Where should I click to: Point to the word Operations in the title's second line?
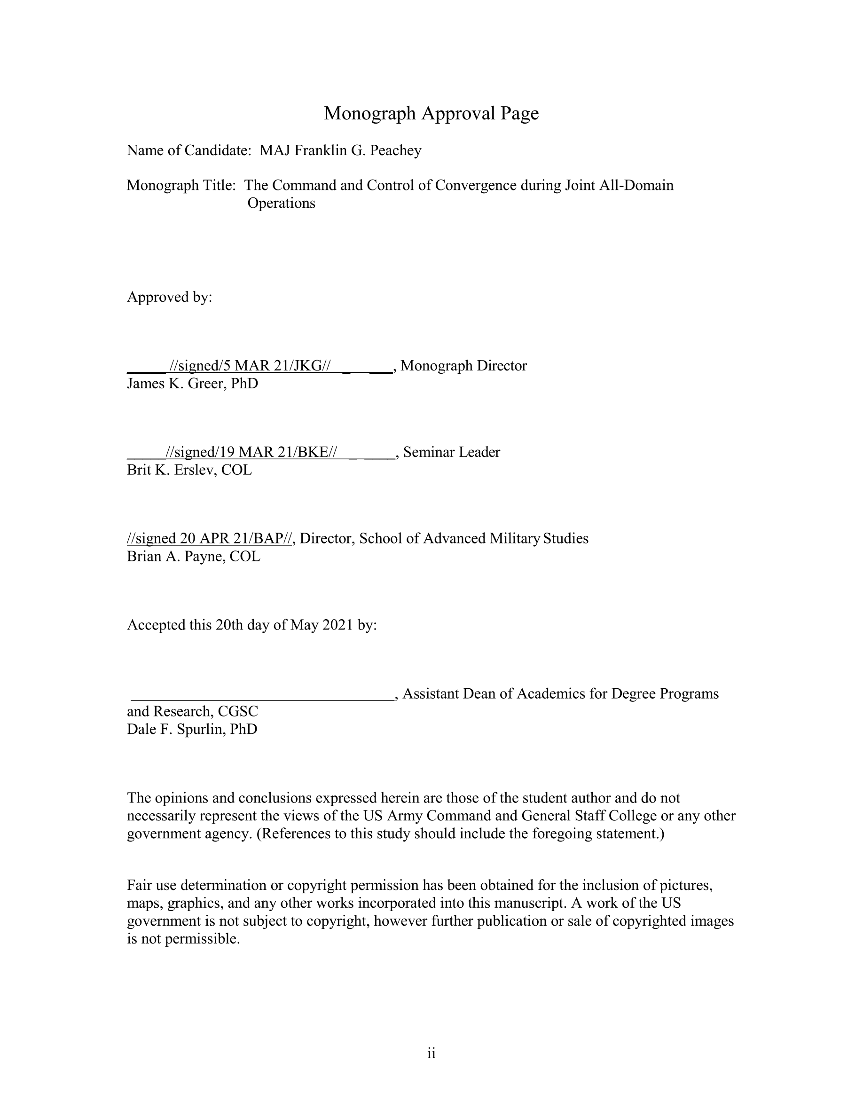(x=281, y=203)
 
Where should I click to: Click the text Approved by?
(x=169, y=297)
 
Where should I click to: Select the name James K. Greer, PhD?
(x=192, y=383)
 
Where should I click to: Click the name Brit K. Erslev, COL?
(x=189, y=470)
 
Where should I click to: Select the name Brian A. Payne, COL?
(x=193, y=556)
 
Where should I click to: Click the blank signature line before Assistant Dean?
(x=262, y=694)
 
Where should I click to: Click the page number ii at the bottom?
(x=431, y=1054)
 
